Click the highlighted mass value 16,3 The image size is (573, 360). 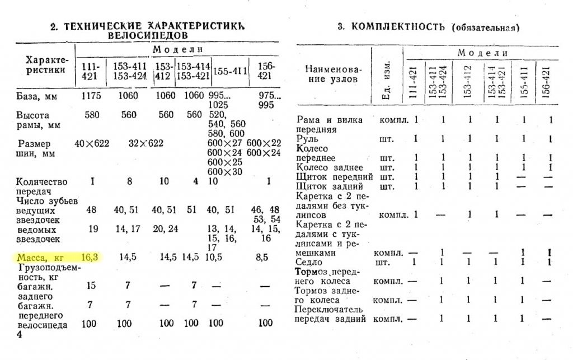click(90, 258)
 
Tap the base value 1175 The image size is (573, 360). click(91, 96)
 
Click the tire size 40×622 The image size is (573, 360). click(92, 143)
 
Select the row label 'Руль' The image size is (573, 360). click(308, 138)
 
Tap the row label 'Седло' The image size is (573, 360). click(309, 262)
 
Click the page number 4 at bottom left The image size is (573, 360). click(19, 334)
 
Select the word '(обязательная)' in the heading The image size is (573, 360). click(486, 27)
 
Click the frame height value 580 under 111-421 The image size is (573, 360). click(91, 115)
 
